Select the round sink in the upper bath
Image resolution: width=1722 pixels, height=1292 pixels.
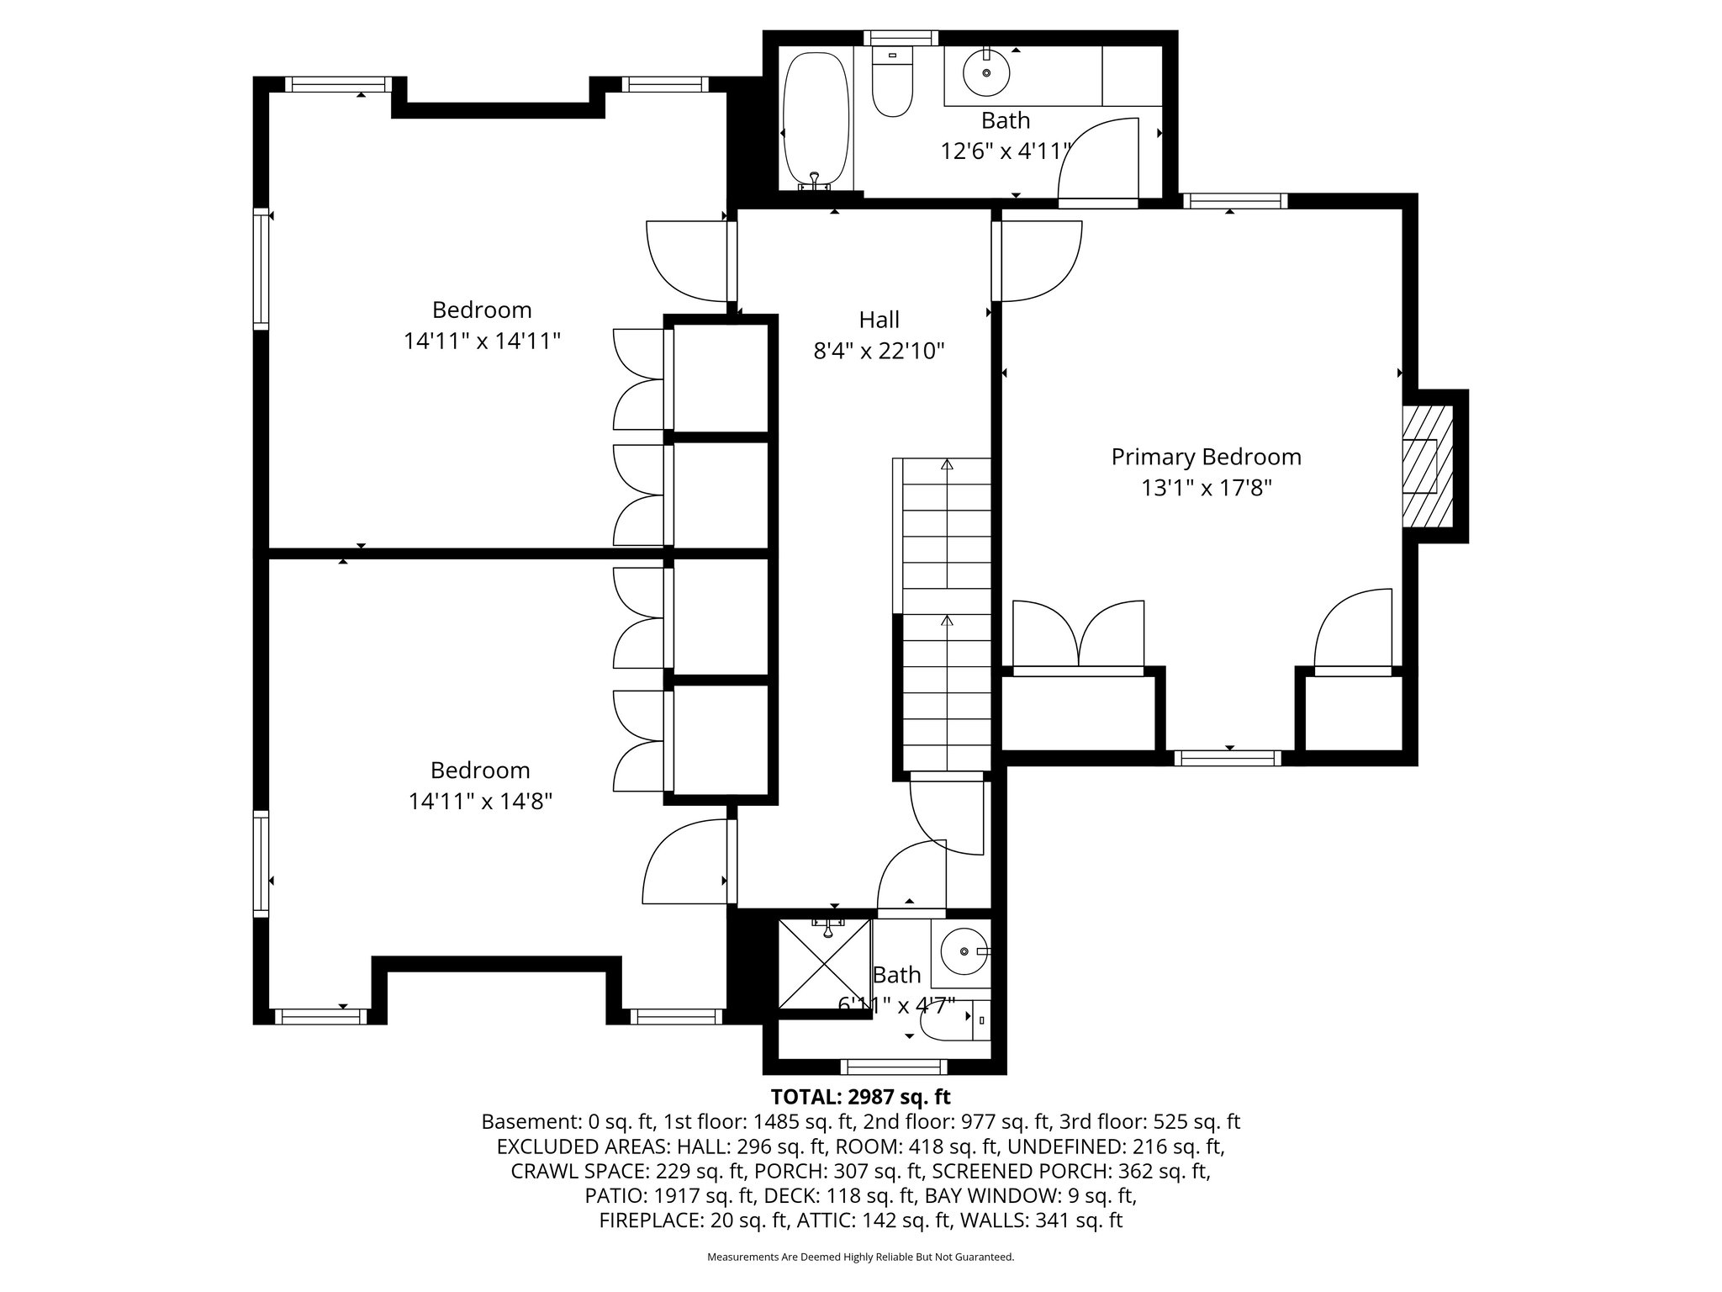pyautogui.click(x=985, y=73)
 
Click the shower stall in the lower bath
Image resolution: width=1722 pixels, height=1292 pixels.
pyautogui.click(x=824, y=964)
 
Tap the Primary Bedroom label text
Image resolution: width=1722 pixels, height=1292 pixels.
pyautogui.click(x=1206, y=457)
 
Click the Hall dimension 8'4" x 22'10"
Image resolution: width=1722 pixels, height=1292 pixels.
pyautogui.click(x=879, y=351)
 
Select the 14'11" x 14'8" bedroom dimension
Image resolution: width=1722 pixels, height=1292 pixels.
pyautogui.click(x=480, y=801)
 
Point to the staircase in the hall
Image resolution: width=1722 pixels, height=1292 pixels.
pyautogui.click(x=946, y=614)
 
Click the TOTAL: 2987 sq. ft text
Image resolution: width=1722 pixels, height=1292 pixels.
pyautogui.click(x=860, y=1097)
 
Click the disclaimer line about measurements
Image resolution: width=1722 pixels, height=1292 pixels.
pyautogui.click(x=860, y=1258)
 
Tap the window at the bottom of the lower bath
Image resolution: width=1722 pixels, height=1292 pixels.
pyautogui.click(x=893, y=1067)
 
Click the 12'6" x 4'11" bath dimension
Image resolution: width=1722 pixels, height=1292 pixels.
pyautogui.click(x=1005, y=151)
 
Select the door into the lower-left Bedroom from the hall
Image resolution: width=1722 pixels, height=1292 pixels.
pyautogui.click(x=685, y=862)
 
